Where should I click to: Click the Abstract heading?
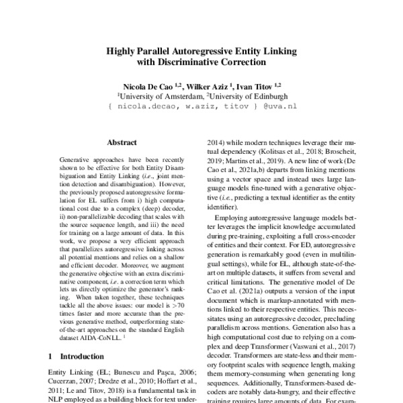122,142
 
